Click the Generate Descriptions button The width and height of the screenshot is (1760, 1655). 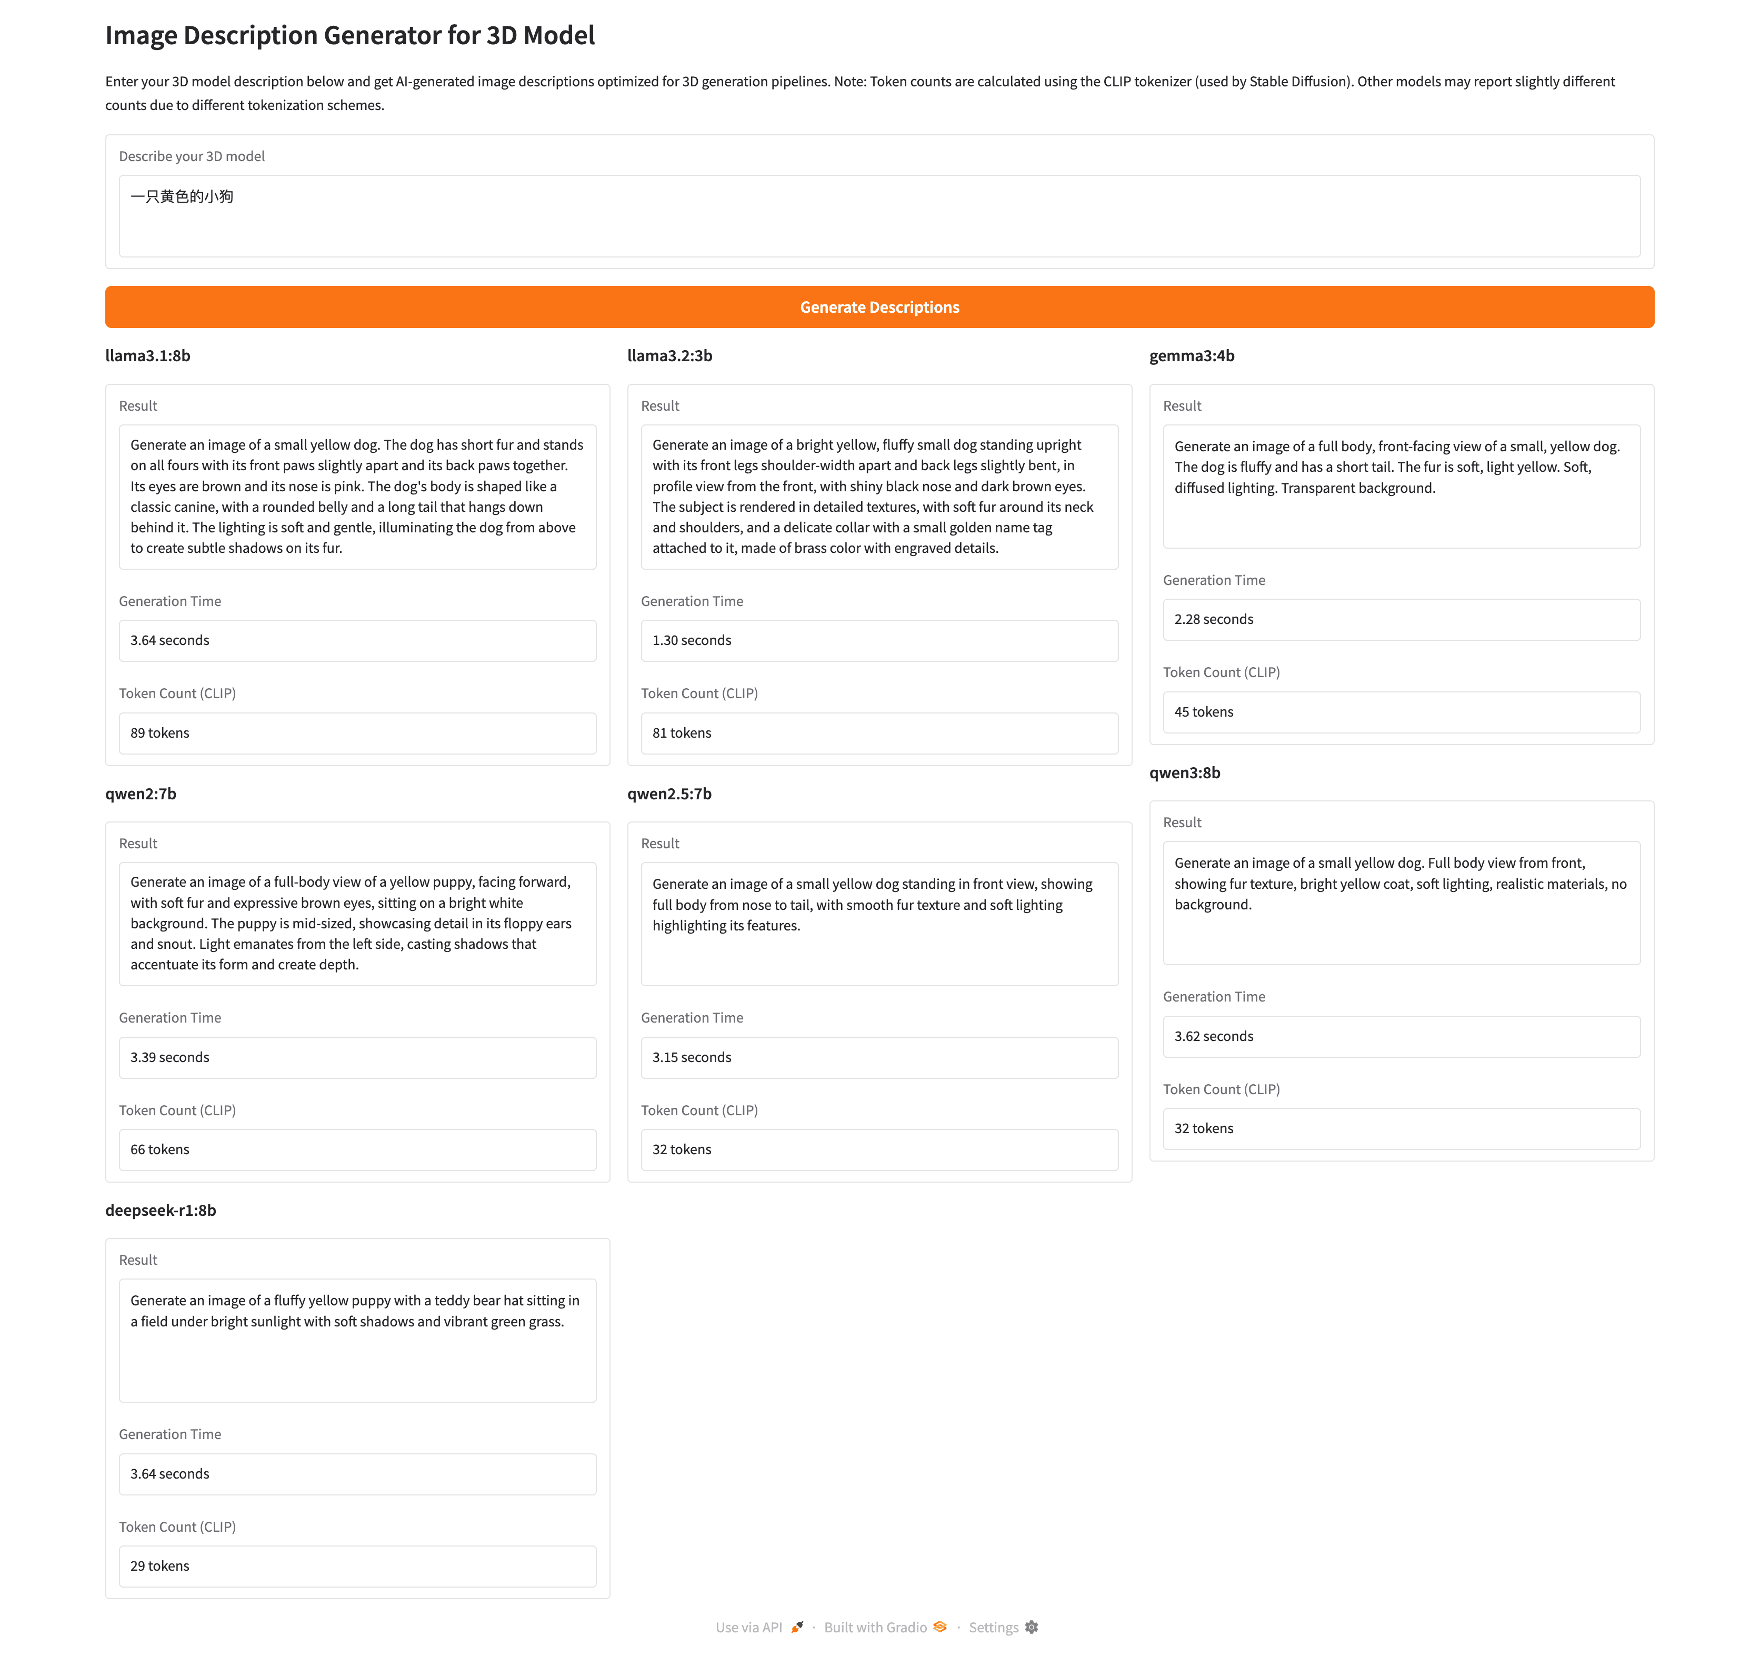point(879,308)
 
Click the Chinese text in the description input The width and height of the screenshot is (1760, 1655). point(183,196)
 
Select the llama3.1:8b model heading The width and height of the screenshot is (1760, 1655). point(148,356)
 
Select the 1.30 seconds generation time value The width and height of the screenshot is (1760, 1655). point(692,640)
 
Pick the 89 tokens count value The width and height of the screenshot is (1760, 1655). point(160,733)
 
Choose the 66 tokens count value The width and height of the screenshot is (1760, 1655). point(160,1149)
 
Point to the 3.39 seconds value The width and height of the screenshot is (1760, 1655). point(170,1057)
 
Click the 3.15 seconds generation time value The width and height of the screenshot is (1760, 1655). point(692,1057)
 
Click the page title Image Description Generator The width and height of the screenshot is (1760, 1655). point(349,35)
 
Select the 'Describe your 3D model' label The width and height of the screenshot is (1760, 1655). point(192,157)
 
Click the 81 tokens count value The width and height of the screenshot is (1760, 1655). point(682,733)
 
